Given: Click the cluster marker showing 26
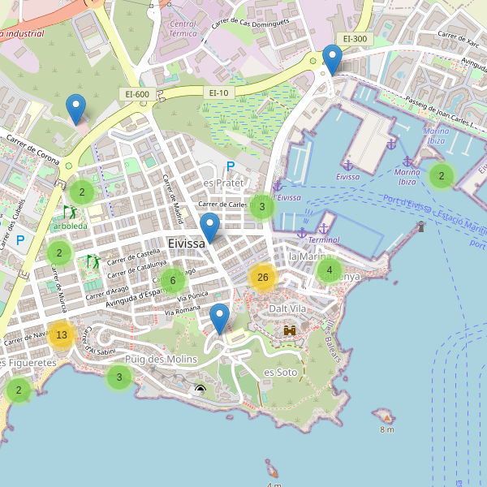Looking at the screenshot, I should pos(262,278).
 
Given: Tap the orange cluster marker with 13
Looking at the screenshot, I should pos(62,334).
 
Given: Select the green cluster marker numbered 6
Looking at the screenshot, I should pos(172,281).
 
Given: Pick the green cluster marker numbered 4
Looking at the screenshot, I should pos(329,270).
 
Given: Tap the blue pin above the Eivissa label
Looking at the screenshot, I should pos(209,228).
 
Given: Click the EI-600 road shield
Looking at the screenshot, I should pos(136,94).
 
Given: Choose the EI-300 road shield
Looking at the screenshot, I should pos(355,38).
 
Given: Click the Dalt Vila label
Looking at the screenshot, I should pos(288,309).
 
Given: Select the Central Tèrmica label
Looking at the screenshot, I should pos(183,30).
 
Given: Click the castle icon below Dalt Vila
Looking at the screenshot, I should pos(290,330).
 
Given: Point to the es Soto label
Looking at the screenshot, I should pos(281,372).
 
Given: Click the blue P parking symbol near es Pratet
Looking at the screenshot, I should pos(230,166).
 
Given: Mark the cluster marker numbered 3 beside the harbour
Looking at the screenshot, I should pos(261,207).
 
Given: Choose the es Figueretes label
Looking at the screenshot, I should pos(29,363).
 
